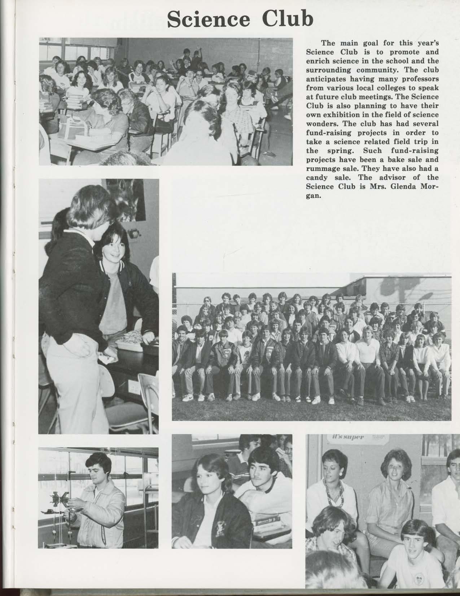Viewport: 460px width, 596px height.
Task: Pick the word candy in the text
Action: (x=316, y=178)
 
